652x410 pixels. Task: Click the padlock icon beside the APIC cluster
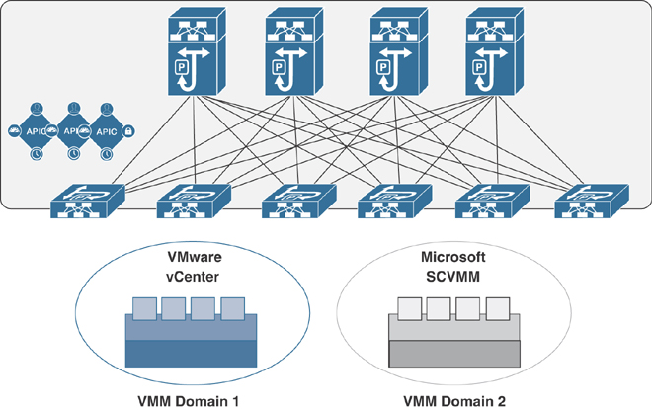click(x=128, y=130)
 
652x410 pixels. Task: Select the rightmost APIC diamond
click(x=107, y=130)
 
